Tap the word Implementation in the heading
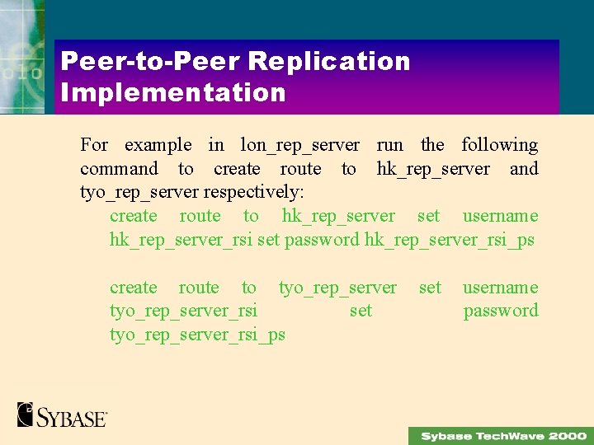[x=173, y=92]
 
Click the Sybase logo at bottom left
[x=62, y=415]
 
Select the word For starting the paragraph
[x=94, y=145]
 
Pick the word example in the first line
[x=158, y=145]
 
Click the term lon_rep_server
[x=299, y=146]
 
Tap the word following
[x=499, y=146]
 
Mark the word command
[x=119, y=169]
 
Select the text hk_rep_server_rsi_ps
[x=449, y=241]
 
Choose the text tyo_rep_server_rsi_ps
[x=197, y=335]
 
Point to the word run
[x=389, y=145]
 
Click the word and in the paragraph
[x=524, y=169]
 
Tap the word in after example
[x=216, y=145]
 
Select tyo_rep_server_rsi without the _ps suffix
[x=183, y=311]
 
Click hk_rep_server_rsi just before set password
[x=181, y=241]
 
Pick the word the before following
[x=432, y=145]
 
